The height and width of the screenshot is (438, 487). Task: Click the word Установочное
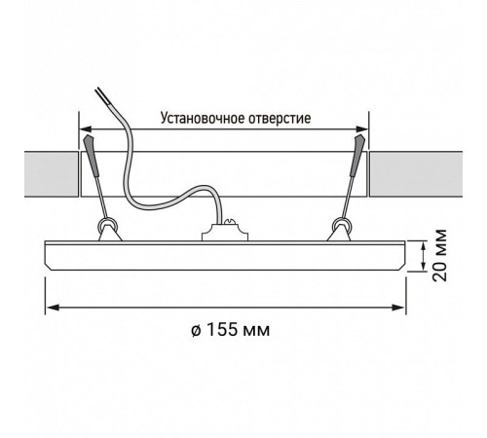coord(203,119)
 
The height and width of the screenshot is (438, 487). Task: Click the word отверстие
coord(280,119)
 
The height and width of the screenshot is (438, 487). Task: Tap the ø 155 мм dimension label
coord(230,330)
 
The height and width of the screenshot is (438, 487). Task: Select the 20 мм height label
coord(440,255)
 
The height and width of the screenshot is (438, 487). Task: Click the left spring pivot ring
coord(108,224)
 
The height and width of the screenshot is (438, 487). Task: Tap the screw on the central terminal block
coord(230,222)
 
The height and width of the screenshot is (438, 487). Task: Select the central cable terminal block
coord(225,232)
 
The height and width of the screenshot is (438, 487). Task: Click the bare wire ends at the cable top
coord(99,94)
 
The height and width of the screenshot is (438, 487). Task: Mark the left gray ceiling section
coord(52,174)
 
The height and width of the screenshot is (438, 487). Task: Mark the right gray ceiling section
coord(416,174)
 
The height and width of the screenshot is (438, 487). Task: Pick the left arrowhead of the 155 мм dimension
coord(53,308)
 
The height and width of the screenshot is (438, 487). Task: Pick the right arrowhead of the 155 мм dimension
coord(397,308)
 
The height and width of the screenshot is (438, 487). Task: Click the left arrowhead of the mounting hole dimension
coord(86,129)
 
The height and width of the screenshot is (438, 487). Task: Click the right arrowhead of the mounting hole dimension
coord(361,129)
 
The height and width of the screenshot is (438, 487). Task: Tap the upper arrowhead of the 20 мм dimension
coord(423,247)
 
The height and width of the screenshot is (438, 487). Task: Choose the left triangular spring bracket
coord(110,234)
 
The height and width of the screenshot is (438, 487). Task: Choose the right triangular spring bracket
coord(339,234)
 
